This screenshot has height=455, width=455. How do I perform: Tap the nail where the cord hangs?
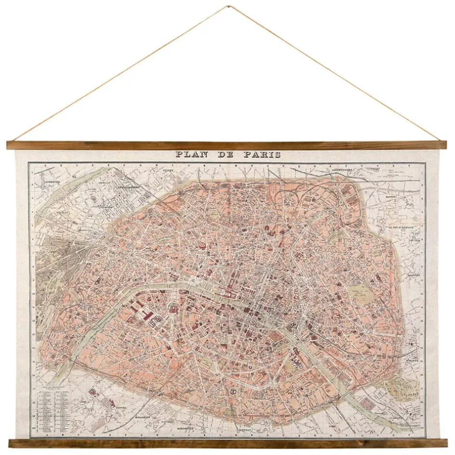tap(227, 6)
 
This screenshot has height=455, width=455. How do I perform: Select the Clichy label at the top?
tap(168, 170)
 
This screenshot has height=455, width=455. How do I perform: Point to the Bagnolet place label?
tap(413, 276)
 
